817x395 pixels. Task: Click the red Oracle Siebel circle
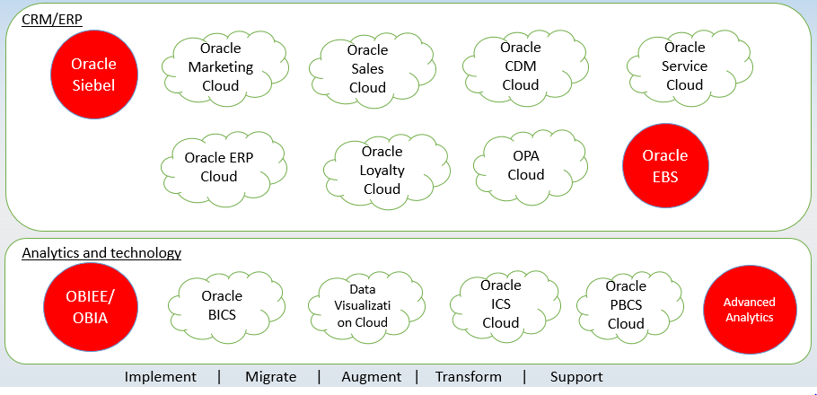(x=94, y=75)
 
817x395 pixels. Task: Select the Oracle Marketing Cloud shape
(x=225, y=66)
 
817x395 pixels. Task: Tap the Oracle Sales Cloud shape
(x=372, y=69)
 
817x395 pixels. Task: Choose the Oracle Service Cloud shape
(x=690, y=66)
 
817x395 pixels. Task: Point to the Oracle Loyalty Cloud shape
(x=387, y=170)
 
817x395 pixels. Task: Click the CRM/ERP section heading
(x=52, y=21)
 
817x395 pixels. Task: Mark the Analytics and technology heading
(x=101, y=253)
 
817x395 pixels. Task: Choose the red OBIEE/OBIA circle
(x=92, y=307)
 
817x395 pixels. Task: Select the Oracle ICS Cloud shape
(x=506, y=303)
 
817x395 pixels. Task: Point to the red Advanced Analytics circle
(x=750, y=310)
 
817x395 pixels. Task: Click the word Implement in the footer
(x=161, y=377)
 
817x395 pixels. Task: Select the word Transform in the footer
(x=469, y=377)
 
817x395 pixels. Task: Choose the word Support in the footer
(x=576, y=377)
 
